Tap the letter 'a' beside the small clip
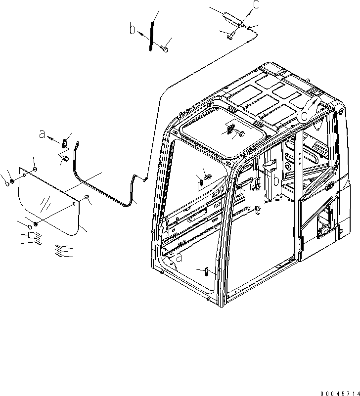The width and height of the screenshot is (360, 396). pyautogui.click(x=42, y=134)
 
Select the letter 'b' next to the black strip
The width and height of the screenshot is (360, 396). pyautogui.click(x=133, y=29)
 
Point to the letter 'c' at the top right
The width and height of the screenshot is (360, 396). pyautogui.click(x=256, y=5)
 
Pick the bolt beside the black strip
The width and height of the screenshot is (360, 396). pyautogui.click(x=165, y=48)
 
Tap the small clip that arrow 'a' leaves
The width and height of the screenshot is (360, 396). pyautogui.click(x=65, y=143)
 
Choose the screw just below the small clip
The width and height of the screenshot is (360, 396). pyautogui.click(x=63, y=158)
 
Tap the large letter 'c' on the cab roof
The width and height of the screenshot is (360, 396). pyautogui.click(x=305, y=116)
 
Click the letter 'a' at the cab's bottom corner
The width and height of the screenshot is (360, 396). pyautogui.click(x=178, y=258)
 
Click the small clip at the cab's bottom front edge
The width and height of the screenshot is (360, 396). pyautogui.click(x=206, y=271)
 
